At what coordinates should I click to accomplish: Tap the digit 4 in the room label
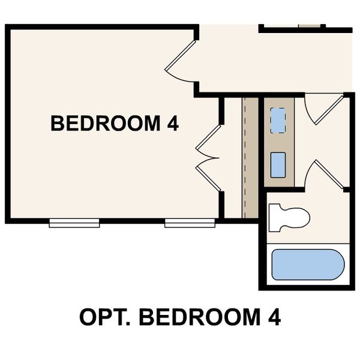pos(173,124)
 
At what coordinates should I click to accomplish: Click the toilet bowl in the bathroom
pos(295,217)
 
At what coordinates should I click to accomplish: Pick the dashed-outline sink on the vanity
pos(278,121)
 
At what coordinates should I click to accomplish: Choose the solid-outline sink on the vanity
pos(278,164)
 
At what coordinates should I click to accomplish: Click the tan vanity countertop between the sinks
pos(278,143)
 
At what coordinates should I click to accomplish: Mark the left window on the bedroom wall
pos(74,223)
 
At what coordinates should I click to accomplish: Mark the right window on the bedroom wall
pos(190,223)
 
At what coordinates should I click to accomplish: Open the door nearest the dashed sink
pos(323,111)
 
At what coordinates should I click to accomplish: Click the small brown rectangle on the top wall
pos(310,26)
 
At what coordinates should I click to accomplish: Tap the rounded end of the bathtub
pos(338,265)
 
